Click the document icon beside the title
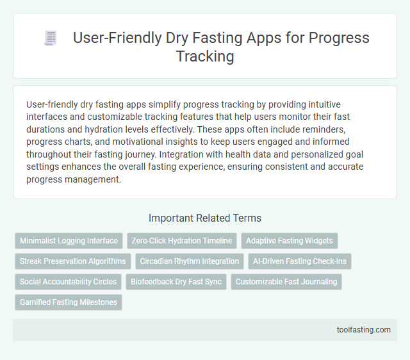[51, 38]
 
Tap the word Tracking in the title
[205, 56]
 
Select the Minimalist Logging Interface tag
[69, 241]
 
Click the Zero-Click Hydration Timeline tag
[182, 241]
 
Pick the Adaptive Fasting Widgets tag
[290, 241]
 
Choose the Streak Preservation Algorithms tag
[72, 261]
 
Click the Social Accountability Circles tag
[69, 282]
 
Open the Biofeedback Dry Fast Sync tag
[176, 282]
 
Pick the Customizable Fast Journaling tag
[286, 282]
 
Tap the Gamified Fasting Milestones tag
[69, 302]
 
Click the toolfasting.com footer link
[363, 330]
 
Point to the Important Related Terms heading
[205, 218]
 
